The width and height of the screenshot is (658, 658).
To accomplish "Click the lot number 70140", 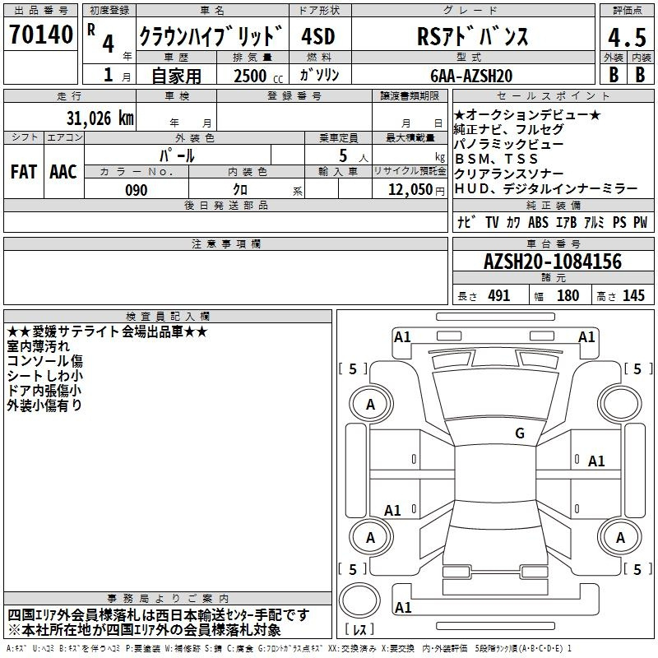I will pyautogui.click(x=40, y=35).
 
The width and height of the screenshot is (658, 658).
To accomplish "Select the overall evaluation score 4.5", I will pyautogui.click(x=626, y=37).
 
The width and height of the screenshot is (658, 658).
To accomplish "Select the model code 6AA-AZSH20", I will pyautogui.click(x=472, y=76).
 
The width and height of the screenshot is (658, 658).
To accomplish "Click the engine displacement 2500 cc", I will pyautogui.click(x=254, y=76).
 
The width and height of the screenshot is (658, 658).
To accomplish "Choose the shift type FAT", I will pyautogui.click(x=24, y=171).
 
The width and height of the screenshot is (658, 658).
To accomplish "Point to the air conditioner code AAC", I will pyautogui.click(x=63, y=171).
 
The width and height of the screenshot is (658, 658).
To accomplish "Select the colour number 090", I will pyautogui.click(x=136, y=190).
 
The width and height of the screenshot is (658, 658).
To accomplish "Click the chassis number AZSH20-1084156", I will pyautogui.click(x=552, y=262).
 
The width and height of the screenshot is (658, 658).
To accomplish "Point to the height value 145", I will pyautogui.click(x=633, y=296).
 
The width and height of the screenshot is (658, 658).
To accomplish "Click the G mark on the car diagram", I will pyautogui.click(x=520, y=433).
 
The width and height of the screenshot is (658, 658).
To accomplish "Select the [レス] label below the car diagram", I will pyautogui.click(x=359, y=630).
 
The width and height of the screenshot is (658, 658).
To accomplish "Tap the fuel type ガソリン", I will pyautogui.click(x=320, y=76).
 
